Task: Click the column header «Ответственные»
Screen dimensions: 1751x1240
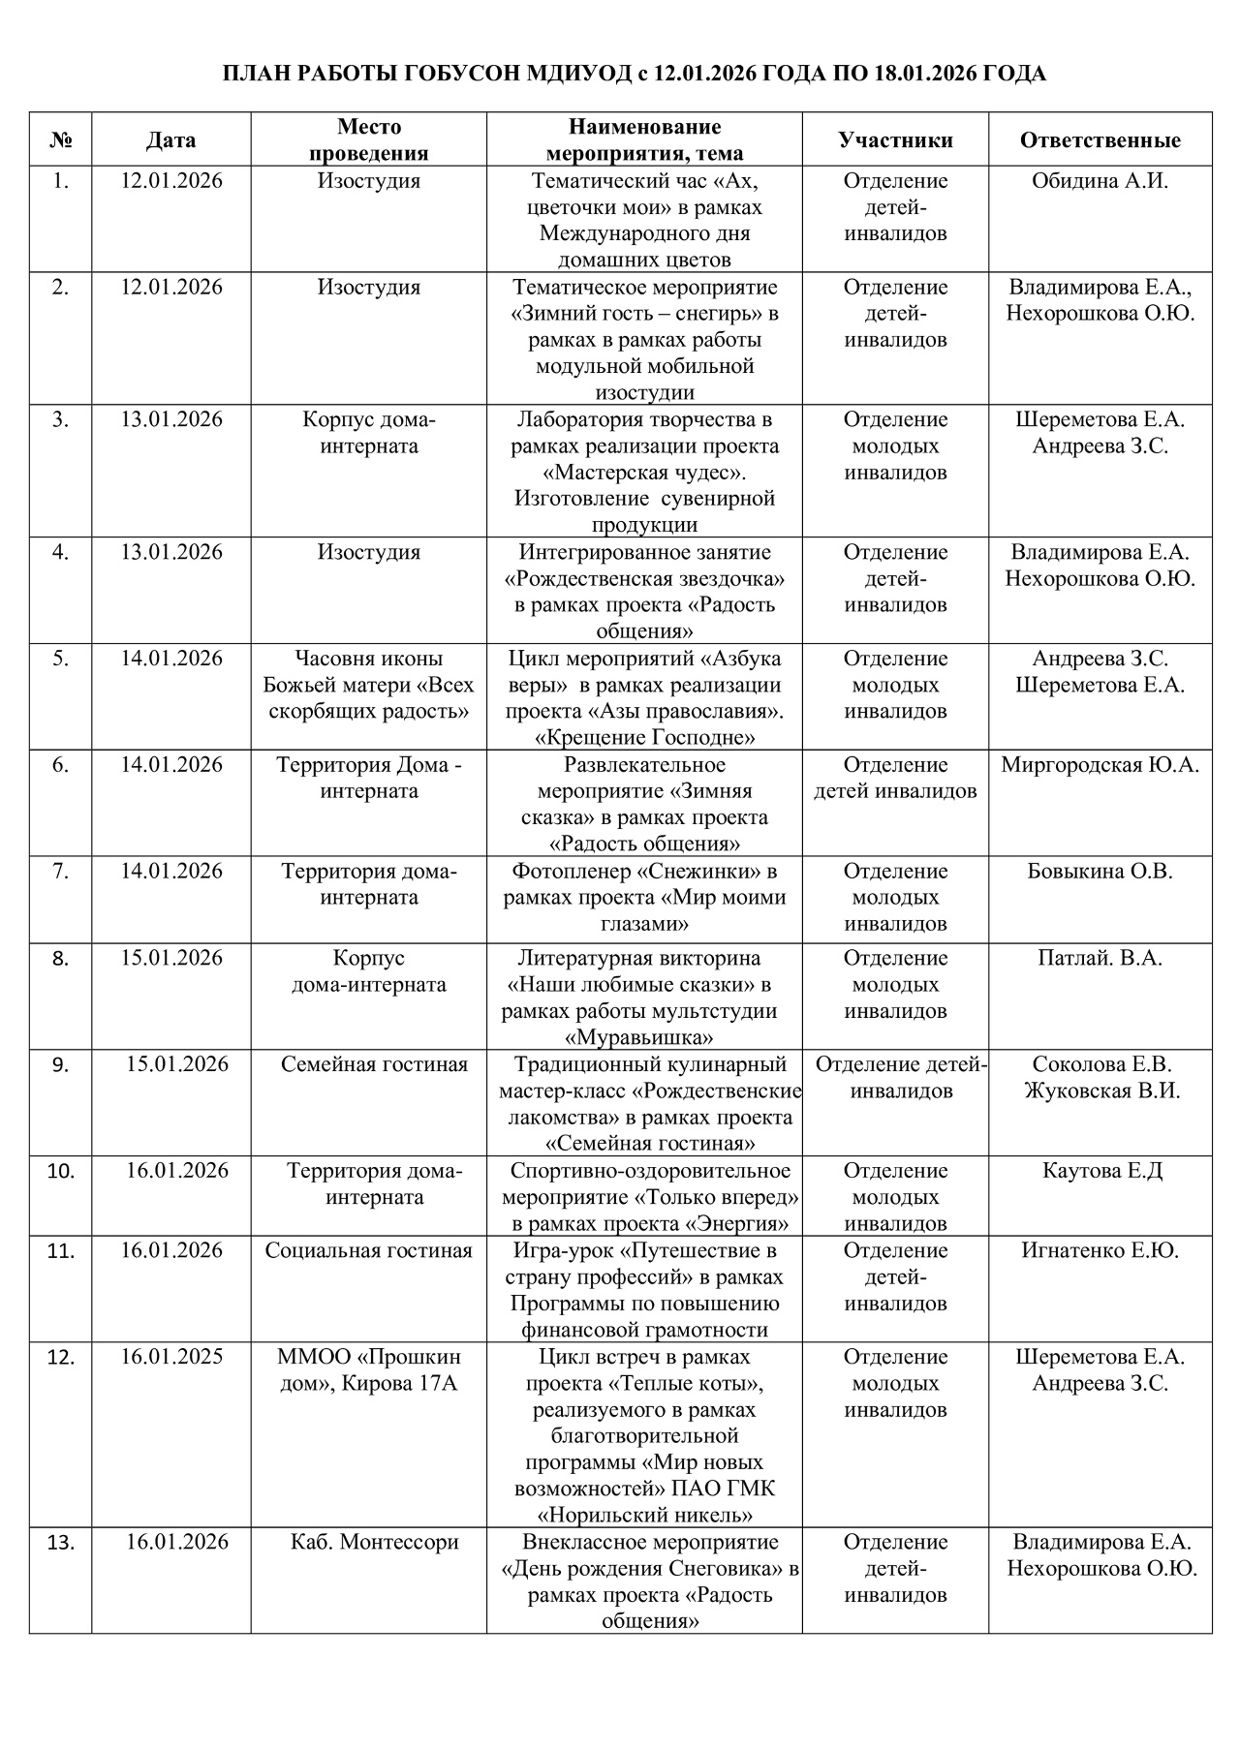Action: click(1100, 140)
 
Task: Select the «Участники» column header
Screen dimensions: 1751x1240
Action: click(895, 140)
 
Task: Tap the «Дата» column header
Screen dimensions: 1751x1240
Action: click(171, 140)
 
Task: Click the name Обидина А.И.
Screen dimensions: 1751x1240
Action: click(1100, 181)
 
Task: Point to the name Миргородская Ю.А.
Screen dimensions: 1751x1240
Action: click(1100, 765)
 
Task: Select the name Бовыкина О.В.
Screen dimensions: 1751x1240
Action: click(1100, 872)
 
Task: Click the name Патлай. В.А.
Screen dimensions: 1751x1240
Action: click(1100, 959)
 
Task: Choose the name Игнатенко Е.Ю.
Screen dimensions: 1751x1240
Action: click(1100, 1250)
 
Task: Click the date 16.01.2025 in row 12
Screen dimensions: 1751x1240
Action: click(171, 1357)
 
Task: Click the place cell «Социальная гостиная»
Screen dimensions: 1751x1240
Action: click(369, 1250)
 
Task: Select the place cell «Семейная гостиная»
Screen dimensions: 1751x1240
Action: click(374, 1065)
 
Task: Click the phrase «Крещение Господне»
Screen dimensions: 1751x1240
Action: click(645, 738)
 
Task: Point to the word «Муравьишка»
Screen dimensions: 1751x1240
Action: click(644, 1038)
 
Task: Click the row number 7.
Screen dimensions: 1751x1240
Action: click(60, 872)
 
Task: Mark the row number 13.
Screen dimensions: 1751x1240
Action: click(60, 1543)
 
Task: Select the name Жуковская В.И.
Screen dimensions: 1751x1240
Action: click(1100, 1091)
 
